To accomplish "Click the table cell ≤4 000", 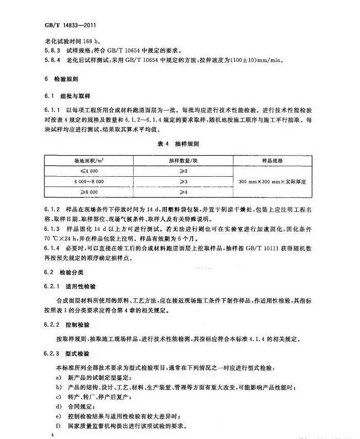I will click(x=89, y=171).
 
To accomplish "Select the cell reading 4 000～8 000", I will click(x=89, y=181).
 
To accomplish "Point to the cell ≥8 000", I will click(x=89, y=192).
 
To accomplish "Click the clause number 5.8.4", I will click(x=52, y=60).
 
